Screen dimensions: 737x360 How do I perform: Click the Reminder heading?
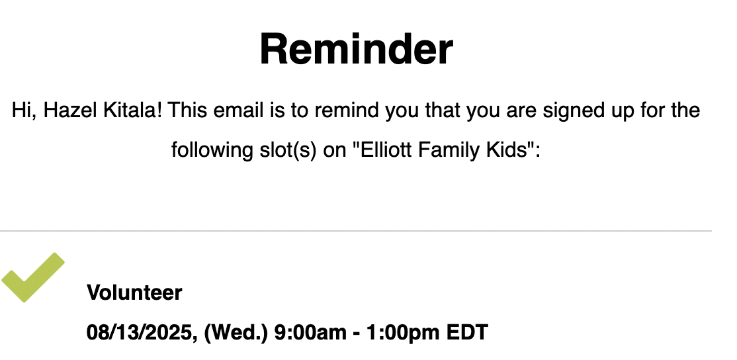click(x=357, y=50)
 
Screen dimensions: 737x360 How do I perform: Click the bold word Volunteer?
click(x=134, y=292)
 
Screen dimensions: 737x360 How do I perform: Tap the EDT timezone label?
click(x=467, y=332)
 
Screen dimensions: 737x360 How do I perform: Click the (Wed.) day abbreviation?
click(x=236, y=332)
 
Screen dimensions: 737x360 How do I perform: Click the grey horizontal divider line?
click(x=356, y=231)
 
